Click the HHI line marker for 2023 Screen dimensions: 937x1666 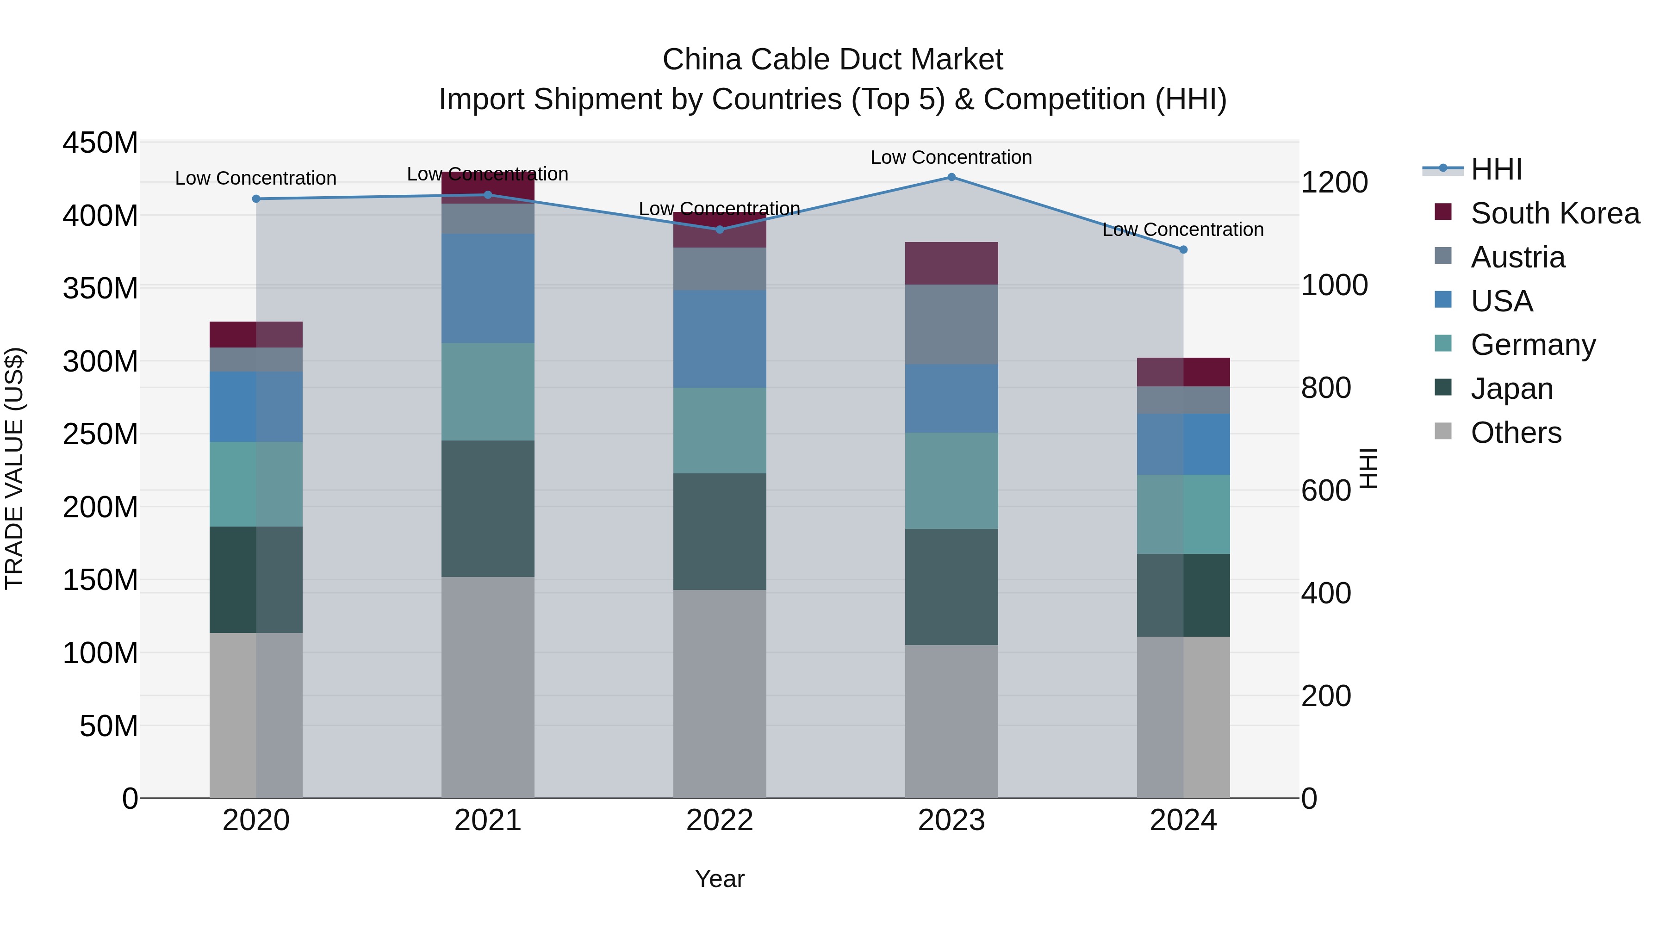tap(951, 177)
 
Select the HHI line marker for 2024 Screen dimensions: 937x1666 tap(1183, 249)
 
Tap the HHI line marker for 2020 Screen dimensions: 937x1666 tap(256, 199)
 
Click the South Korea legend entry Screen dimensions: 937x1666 tap(1555, 213)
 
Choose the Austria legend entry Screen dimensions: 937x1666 tap(1517, 257)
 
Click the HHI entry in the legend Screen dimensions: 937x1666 tap(1496, 169)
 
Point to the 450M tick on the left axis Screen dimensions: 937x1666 tap(100, 142)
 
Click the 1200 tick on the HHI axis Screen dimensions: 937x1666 tap(1334, 182)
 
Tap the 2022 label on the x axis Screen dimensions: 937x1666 tap(719, 820)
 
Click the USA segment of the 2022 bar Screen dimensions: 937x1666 tap(719, 338)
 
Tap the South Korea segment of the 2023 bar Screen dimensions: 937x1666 tap(951, 263)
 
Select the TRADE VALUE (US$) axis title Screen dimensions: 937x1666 tap(14, 468)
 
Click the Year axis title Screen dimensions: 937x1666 tap(719, 879)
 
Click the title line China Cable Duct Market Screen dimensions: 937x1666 tap(833, 60)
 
